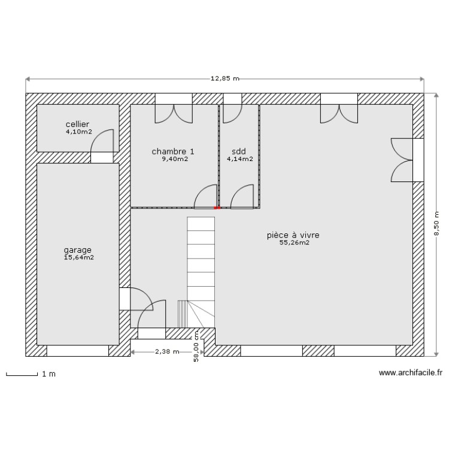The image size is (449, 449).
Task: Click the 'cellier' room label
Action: point(78,124)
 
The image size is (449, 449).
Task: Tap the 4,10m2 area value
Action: point(78,132)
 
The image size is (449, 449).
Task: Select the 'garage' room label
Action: point(78,250)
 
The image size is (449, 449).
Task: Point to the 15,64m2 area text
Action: point(78,257)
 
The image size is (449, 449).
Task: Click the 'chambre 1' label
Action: point(173,151)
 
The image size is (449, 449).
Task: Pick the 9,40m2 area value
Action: point(174,159)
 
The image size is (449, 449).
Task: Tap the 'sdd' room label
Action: point(239,151)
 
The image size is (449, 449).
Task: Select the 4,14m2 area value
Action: point(239,159)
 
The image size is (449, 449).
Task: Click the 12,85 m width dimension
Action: point(224,78)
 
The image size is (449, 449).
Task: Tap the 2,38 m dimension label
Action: point(167,351)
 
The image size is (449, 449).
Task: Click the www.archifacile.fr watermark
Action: point(410,373)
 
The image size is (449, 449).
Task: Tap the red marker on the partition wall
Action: point(217,208)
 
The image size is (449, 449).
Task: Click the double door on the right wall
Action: point(402,159)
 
